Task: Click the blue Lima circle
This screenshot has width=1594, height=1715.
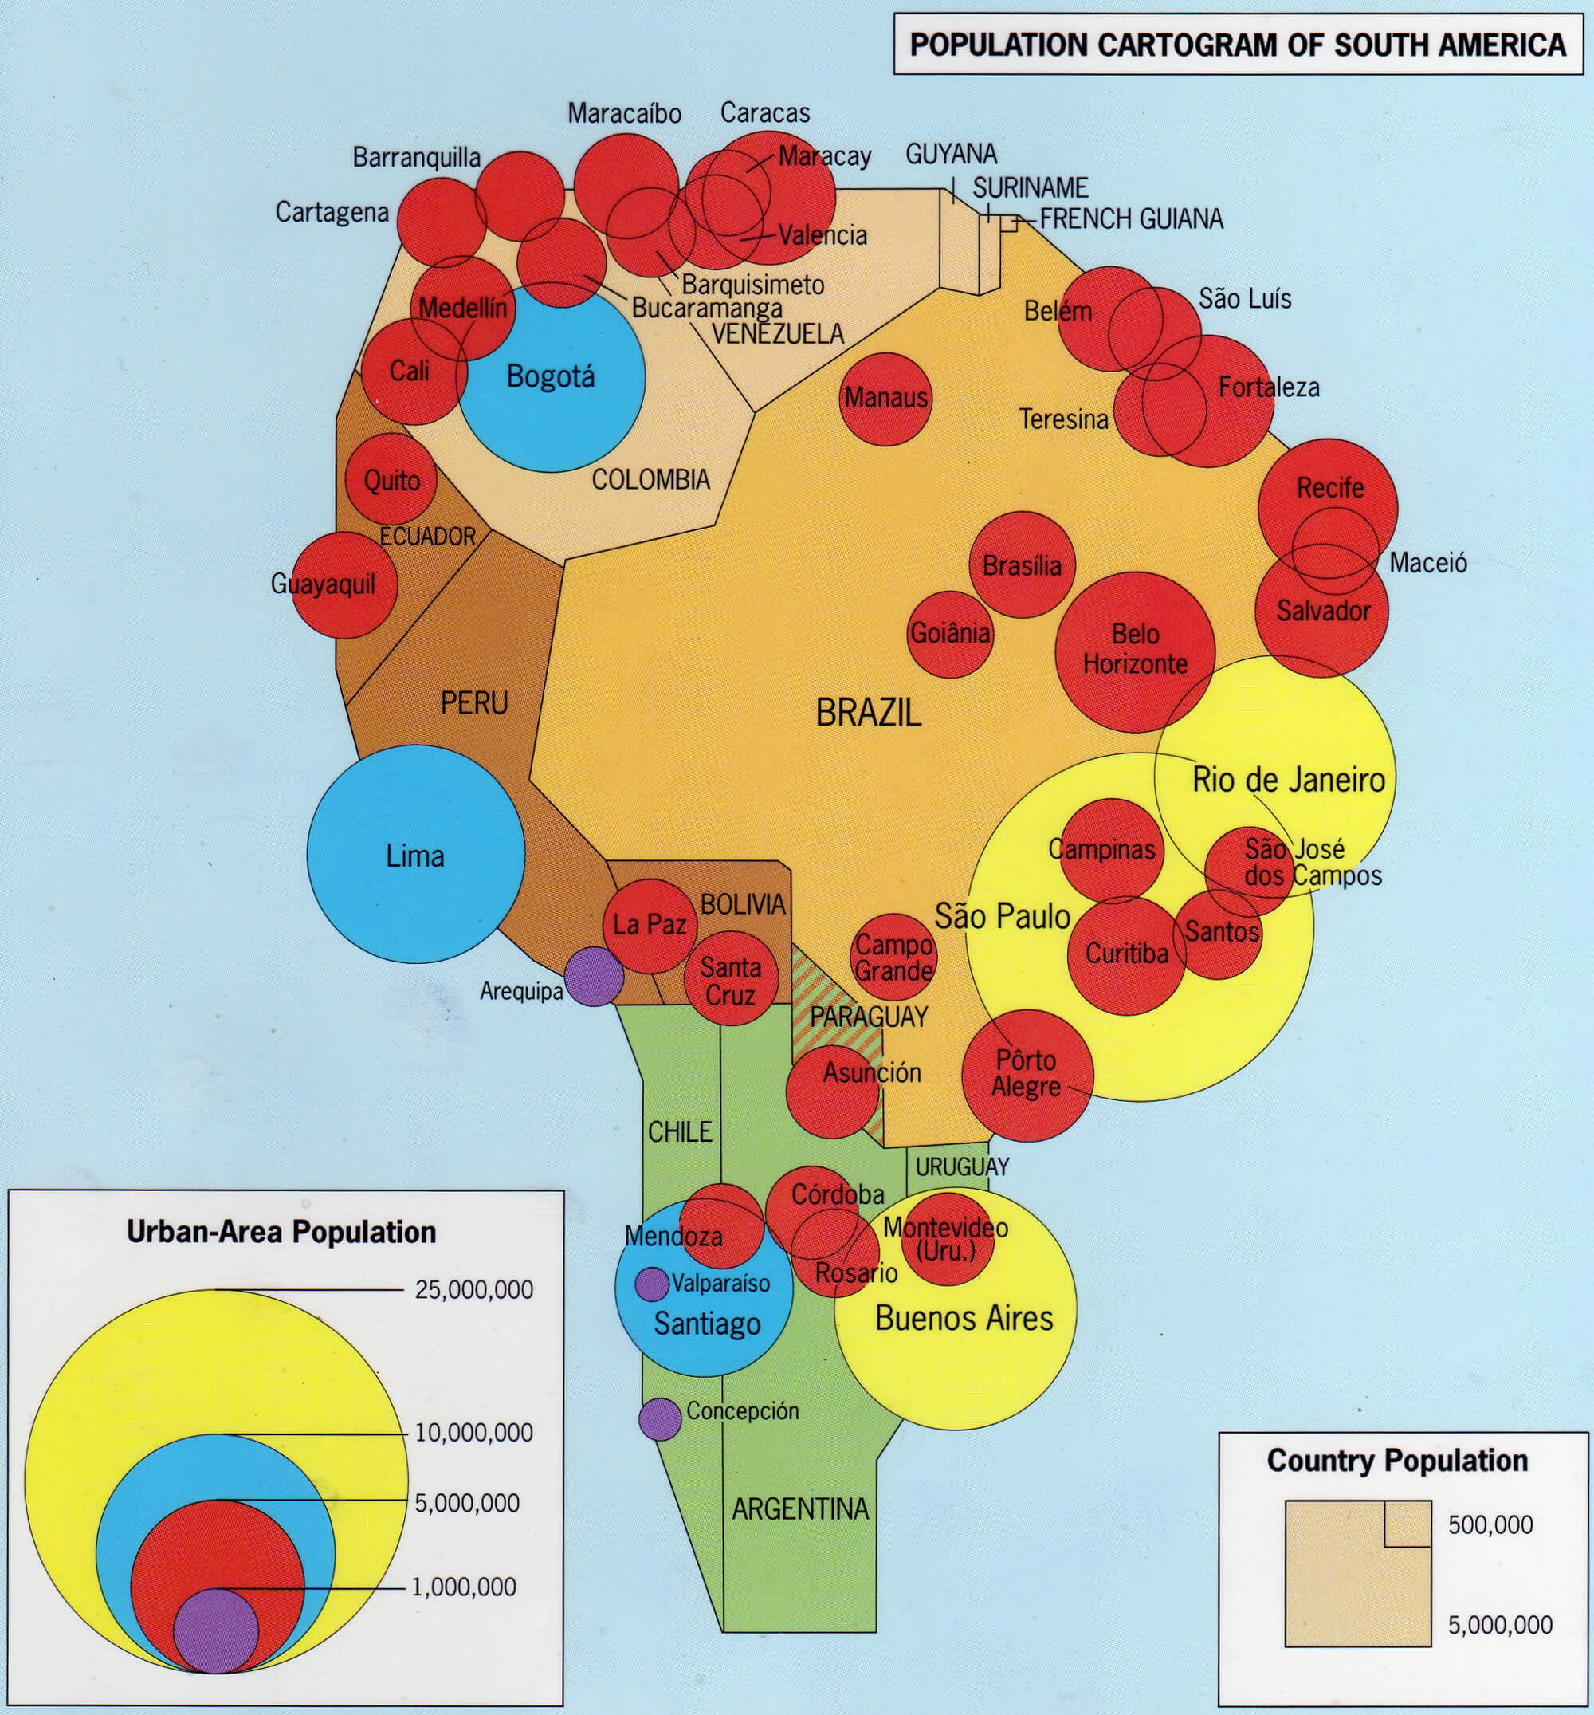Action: coord(416,854)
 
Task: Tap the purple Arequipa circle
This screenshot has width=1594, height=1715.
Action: coord(595,976)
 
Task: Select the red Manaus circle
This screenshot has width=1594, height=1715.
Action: coord(885,398)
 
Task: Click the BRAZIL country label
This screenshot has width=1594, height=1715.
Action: coord(868,713)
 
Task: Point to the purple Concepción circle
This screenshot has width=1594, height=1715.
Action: coord(660,1418)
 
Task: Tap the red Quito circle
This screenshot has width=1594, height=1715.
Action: coord(391,480)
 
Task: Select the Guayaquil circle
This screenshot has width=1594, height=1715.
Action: coord(344,585)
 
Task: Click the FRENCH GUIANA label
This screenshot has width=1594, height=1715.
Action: coord(1131,219)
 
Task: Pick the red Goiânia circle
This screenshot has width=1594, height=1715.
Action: coord(950,634)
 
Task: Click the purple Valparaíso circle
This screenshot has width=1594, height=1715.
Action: coord(651,1284)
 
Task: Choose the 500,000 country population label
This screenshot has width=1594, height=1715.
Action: coord(1490,1524)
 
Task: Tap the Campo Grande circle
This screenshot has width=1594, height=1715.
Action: coord(893,957)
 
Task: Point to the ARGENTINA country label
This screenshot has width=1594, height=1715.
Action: coord(799,1508)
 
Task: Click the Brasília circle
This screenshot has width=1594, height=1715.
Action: coord(1021,565)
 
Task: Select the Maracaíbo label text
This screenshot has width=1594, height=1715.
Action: coord(623,113)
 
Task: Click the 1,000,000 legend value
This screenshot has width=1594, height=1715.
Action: coord(463,1587)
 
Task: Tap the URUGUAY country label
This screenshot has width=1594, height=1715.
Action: coord(962,1166)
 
